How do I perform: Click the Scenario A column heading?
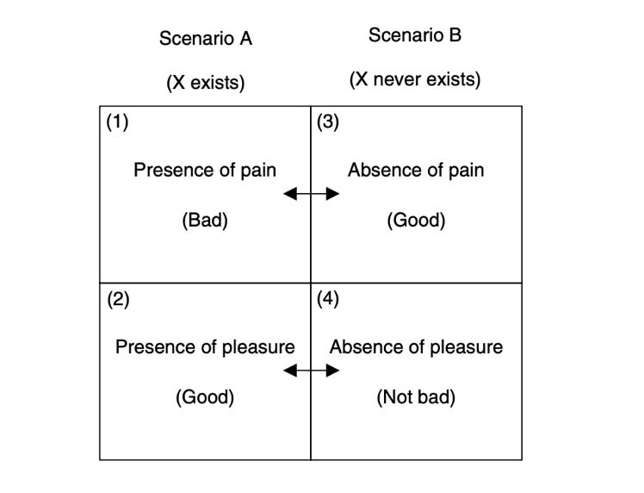(206, 39)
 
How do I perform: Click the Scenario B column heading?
(415, 35)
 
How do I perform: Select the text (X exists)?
(206, 83)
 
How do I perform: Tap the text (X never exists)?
(415, 80)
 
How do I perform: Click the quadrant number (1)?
(117, 122)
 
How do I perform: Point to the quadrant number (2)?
(117, 300)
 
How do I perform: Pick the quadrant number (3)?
(328, 122)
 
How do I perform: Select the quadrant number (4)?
(328, 300)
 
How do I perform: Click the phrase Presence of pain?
(205, 170)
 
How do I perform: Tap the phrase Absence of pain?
(416, 170)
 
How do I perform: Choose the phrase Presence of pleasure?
(205, 347)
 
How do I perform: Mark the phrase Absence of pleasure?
(416, 347)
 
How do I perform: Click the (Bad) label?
(205, 221)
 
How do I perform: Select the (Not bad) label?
(416, 398)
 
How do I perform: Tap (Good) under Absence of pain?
(416, 221)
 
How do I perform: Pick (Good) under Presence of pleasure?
(205, 398)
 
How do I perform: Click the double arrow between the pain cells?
(311, 195)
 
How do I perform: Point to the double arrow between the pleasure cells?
(311, 371)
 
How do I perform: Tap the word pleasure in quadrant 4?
(470, 347)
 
